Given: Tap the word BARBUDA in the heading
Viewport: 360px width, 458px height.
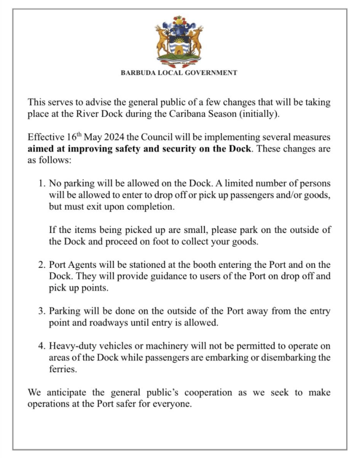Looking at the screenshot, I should (x=137, y=72).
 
